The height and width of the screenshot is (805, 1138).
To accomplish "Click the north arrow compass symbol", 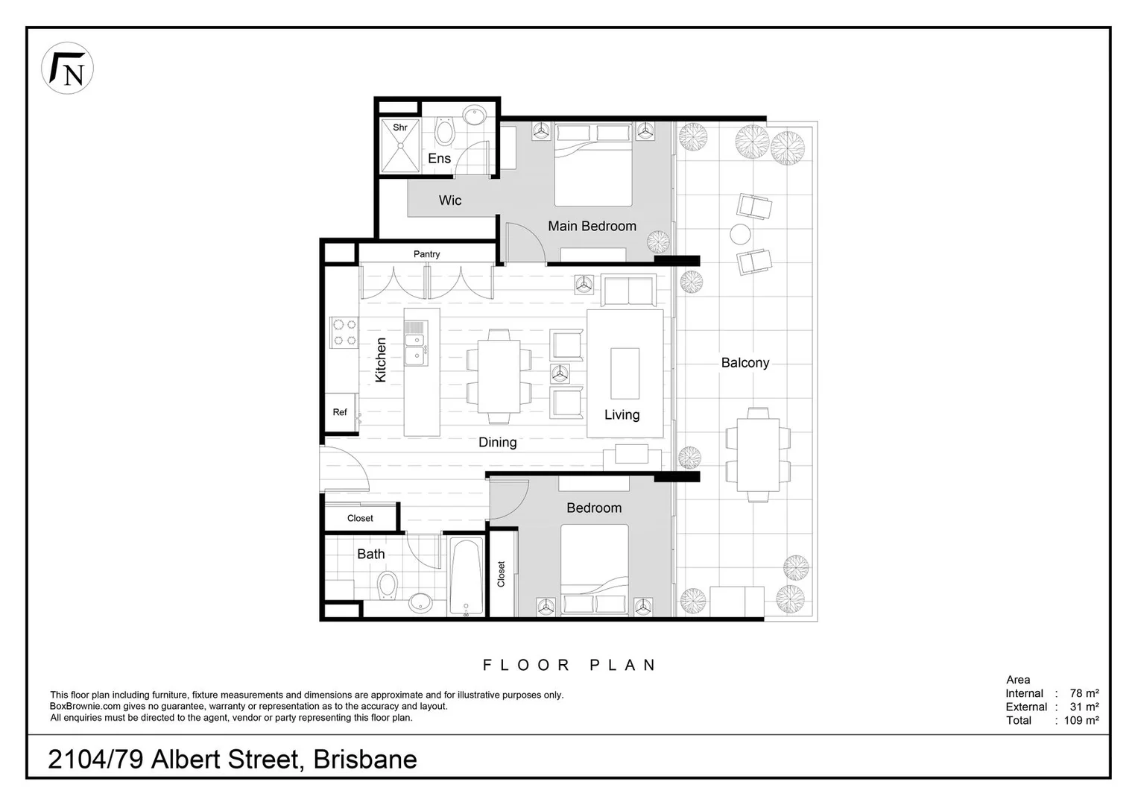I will pos(67,68).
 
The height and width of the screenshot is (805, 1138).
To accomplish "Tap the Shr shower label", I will pos(400,127).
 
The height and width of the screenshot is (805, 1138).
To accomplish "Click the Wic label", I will pos(449,200).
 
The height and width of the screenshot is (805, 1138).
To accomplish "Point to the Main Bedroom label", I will pos(592,226).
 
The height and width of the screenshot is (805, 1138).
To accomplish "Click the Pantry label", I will pos(426,254).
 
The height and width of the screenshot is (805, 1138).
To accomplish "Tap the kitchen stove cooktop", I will pos(344,332).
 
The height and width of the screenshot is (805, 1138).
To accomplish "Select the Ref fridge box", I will pos(340,412).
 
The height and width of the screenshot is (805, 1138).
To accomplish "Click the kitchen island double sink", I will pos(415,344).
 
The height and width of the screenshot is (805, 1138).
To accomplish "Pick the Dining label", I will pos(497,442).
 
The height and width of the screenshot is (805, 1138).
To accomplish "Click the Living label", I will pos(622,414).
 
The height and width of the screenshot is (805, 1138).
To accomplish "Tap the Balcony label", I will pos(745,363).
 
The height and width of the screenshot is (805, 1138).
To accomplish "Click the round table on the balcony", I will pos(740,235).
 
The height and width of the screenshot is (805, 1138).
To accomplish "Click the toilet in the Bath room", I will pos(387,586).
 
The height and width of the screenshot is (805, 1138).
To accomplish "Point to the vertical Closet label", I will pos(501,574).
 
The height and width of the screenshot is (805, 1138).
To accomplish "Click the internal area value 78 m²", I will pos(1084,693).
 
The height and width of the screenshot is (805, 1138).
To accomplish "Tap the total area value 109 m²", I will pos(1082,720).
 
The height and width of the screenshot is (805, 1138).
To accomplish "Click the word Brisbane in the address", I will pos(365,760).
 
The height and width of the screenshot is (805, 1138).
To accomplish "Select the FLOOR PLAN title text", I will pos(569,665).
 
